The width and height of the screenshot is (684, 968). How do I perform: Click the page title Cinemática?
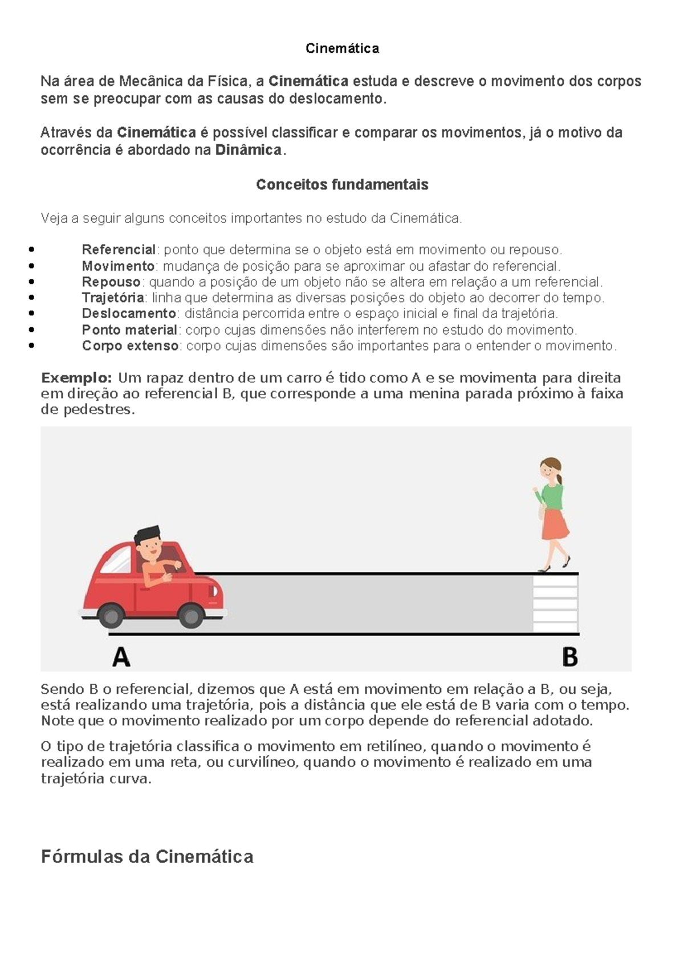pyautogui.click(x=342, y=48)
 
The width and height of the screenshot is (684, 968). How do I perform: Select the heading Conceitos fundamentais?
pyautogui.click(x=342, y=185)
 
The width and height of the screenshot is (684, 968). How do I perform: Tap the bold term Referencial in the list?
pyautogui.click(x=119, y=250)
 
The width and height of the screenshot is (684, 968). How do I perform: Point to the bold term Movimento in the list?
pyautogui.click(x=118, y=266)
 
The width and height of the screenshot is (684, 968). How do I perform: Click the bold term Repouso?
pyautogui.click(x=111, y=282)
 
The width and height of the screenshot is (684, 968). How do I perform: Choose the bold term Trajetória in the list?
pyautogui.click(x=113, y=298)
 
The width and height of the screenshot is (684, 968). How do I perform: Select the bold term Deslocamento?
pyautogui.click(x=129, y=314)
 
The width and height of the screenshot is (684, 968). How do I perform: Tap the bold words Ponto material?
pyautogui.click(x=129, y=330)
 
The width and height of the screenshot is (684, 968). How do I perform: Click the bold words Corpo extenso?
pyautogui.click(x=131, y=346)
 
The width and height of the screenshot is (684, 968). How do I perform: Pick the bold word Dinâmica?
pyautogui.click(x=249, y=151)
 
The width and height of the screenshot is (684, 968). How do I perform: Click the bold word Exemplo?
pyautogui.click(x=76, y=378)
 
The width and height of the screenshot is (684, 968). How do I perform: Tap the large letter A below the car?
pyautogui.click(x=121, y=657)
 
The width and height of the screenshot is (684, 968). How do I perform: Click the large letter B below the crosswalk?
pyautogui.click(x=569, y=657)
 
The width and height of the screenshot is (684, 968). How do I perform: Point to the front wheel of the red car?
pyautogui.click(x=190, y=616)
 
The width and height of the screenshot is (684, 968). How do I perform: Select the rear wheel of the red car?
pyautogui.click(x=110, y=616)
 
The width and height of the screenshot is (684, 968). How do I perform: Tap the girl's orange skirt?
pyautogui.click(x=555, y=524)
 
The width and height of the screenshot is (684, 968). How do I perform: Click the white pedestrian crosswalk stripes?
pyautogui.click(x=555, y=603)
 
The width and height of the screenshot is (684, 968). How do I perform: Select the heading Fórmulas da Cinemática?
pyautogui.click(x=147, y=857)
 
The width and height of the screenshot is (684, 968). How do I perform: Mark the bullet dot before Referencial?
pyautogui.click(x=31, y=250)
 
